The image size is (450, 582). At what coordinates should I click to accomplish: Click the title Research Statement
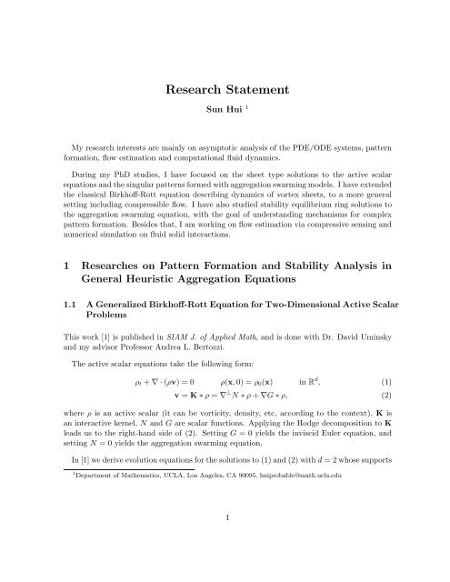coord(225,91)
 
